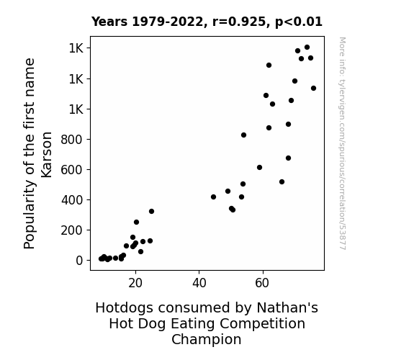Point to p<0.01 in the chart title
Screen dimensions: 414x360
click(299, 22)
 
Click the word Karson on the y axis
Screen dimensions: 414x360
click(46, 155)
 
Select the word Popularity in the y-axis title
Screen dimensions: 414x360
click(29, 215)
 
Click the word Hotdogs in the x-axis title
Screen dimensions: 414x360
click(124, 307)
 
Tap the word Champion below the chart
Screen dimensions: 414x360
click(207, 340)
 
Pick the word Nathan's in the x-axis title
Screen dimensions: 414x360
click(287, 307)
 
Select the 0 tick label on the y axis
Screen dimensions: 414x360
click(79, 261)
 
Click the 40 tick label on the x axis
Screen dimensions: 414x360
click(199, 283)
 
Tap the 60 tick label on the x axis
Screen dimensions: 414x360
click(262, 283)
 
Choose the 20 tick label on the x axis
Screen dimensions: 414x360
click(135, 283)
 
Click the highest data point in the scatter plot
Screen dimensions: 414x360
click(307, 48)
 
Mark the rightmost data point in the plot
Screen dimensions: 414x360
click(313, 89)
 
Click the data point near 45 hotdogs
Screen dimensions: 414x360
click(213, 197)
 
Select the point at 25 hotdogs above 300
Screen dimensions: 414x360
click(151, 211)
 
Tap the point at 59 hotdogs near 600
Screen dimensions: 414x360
click(259, 168)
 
